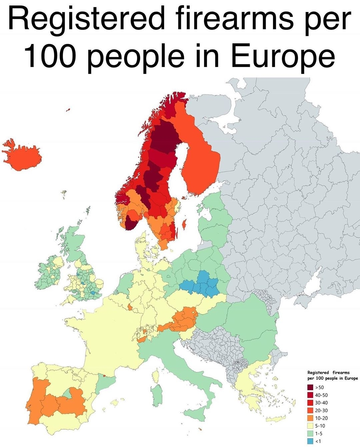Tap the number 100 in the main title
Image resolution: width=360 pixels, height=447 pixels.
click(x=52, y=55)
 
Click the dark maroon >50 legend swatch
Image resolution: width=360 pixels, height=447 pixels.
click(x=310, y=388)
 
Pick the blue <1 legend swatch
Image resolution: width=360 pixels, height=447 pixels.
click(x=310, y=441)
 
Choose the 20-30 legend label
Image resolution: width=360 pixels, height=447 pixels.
click(x=321, y=411)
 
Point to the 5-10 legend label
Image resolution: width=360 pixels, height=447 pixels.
click(x=320, y=426)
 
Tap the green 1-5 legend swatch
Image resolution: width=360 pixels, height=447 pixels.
click(x=310, y=434)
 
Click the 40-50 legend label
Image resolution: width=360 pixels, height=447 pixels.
click(x=321, y=395)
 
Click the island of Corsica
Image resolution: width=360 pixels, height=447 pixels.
click(x=156, y=375)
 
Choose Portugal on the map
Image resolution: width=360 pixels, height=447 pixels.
click(x=35, y=400)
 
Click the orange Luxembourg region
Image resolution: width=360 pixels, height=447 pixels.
click(x=129, y=307)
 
